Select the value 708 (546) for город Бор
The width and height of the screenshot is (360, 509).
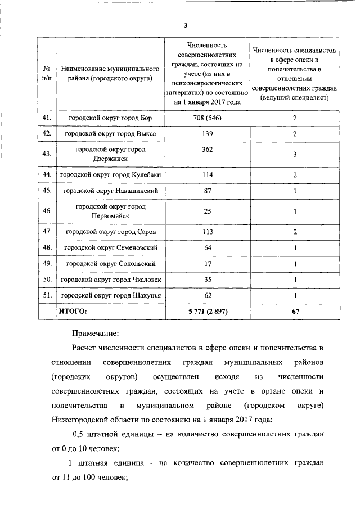[207, 118]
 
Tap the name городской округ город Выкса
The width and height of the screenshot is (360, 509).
[110, 134]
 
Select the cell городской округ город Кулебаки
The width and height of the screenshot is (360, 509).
[110, 175]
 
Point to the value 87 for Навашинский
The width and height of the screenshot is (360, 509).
[207, 191]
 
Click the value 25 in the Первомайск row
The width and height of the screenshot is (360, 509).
[207, 211]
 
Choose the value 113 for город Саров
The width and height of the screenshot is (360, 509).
[207, 232]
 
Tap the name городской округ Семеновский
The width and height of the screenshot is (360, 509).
[110, 247]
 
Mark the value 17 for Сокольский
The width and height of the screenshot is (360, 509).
[207, 263]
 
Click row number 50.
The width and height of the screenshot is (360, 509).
[47, 279]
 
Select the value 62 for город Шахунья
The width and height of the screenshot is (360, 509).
[207, 295]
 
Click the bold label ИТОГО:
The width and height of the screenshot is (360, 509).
[73, 310]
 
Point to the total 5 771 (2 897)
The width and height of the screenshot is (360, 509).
[207, 310]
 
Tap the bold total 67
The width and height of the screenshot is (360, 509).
[294, 310]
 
